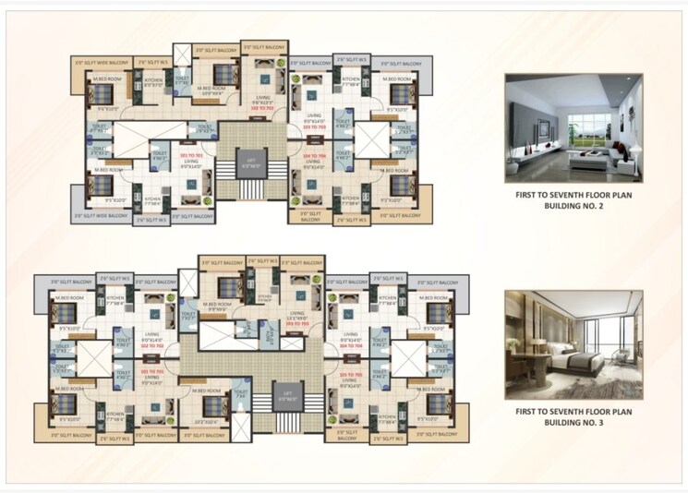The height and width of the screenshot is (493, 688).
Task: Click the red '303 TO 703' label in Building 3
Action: point(295,324)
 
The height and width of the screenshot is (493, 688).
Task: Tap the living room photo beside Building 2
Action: point(573,128)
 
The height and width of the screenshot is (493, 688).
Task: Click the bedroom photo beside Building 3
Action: point(573,343)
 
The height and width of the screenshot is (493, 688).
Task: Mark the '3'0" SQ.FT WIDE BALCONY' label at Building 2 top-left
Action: point(102,62)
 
